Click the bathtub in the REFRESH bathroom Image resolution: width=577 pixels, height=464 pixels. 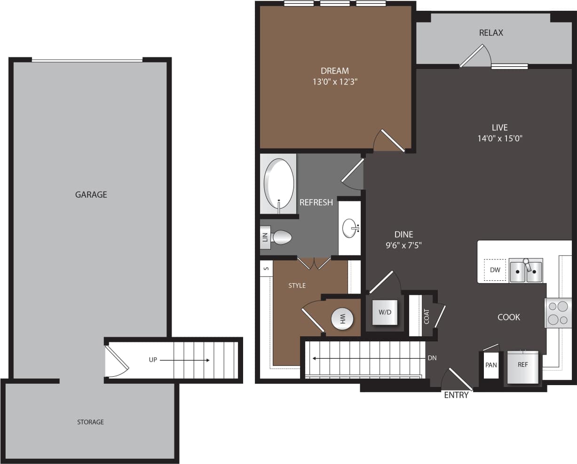(x=279, y=184)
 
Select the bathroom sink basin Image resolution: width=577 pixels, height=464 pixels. (x=350, y=229)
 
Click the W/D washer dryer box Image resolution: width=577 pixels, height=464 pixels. (x=385, y=312)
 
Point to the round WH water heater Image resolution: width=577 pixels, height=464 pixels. (x=342, y=319)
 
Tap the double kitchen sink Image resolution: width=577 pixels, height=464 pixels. (x=526, y=271)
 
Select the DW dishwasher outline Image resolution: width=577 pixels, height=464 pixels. (x=495, y=270)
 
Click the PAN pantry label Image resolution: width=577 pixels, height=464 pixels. (x=491, y=365)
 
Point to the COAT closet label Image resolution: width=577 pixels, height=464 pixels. (x=427, y=316)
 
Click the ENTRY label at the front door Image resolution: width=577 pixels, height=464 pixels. (x=456, y=395)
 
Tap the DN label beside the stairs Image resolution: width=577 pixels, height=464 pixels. (x=432, y=358)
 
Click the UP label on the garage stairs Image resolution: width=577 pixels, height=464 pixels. (x=153, y=360)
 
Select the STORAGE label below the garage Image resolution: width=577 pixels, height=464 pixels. (x=90, y=422)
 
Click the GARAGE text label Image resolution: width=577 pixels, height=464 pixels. (x=91, y=194)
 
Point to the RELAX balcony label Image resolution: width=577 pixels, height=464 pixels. (x=491, y=33)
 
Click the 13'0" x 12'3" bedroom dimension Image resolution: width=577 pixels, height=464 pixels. (x=334, y=82)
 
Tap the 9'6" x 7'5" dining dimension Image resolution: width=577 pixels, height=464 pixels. (x=403, y=245)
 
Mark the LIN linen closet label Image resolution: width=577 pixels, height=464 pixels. (x=265, y=237)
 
